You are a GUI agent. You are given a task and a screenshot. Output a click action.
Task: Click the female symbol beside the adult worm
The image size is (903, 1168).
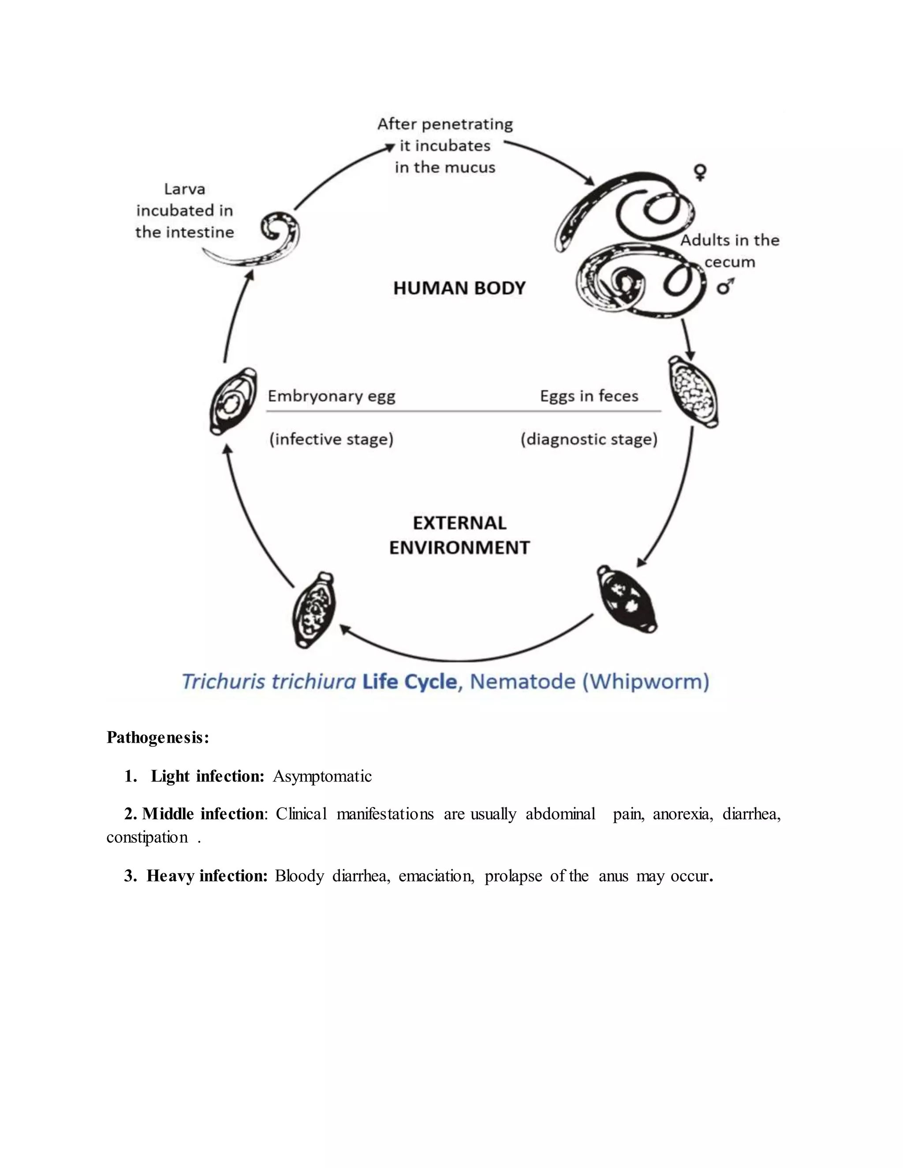tap(700, 172)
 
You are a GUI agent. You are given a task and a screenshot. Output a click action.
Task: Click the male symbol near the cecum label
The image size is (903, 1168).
tap(725, 286)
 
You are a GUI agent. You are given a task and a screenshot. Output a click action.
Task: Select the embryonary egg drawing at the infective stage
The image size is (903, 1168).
tap(233, 401)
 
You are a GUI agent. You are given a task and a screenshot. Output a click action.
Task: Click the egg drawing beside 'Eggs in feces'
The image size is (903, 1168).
tap(693, 393)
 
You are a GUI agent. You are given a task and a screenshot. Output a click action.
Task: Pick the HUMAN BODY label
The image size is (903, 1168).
tap(459, 288)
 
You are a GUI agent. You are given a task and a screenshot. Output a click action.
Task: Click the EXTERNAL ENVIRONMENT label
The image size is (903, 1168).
tap(459, 536)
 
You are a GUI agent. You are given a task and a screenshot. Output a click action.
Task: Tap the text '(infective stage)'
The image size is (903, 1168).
tap(331, 439)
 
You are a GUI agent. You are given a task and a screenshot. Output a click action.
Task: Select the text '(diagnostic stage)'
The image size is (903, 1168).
tap(589, 439)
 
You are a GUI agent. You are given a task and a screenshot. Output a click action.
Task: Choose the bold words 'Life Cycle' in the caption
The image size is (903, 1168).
tap(410, 682)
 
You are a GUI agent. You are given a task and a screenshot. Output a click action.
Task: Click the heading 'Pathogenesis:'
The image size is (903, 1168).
tap(158, 737)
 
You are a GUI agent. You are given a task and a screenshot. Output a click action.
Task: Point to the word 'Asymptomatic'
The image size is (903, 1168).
tap(322, 776)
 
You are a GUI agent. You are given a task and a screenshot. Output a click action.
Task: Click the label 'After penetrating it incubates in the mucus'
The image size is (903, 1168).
tap(445, 145)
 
